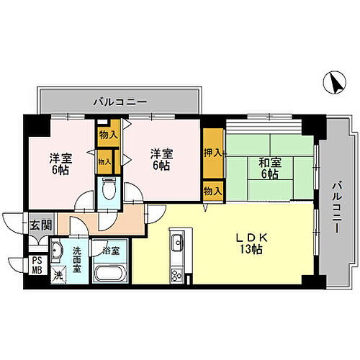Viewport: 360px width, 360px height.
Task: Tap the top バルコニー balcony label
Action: tap(119, 100)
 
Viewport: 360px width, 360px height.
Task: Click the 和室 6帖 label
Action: tap(269, 168)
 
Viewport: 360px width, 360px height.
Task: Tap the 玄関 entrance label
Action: tap(40, 225)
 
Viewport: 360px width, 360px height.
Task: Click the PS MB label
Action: tap(37, 265)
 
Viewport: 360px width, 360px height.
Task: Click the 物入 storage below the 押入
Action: tap(212, 191)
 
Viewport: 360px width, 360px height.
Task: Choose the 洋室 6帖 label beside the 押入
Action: tap(161, 159)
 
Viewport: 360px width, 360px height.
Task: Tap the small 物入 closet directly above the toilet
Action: tap(104, 162)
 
